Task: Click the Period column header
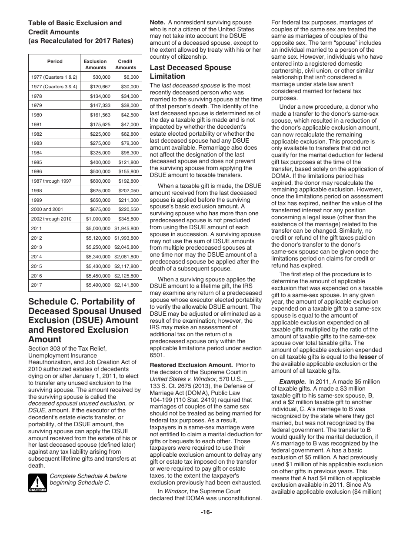pos(55,61)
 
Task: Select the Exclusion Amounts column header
pos(95,64)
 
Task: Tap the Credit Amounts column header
pos(126,64)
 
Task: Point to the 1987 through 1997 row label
pos(51,181)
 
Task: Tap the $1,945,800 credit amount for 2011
pos(127,228)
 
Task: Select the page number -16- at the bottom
pos(206,512)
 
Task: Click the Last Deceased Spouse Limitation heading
pos(190,72)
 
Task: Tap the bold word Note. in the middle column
pos(157,22)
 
